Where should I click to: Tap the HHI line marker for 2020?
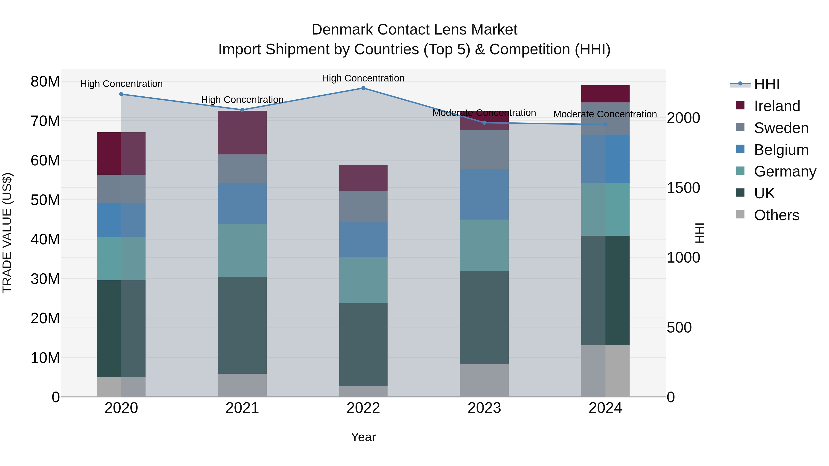click(x=121, y=94)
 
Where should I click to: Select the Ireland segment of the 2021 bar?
click(x=242, y=133)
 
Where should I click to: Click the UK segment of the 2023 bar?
click(x=484, y=317)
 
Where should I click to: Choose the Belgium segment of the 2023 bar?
click(x=484, y=194)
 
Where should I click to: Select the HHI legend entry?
click(x=767, y=84)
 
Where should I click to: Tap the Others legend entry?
click(x=776, y=215)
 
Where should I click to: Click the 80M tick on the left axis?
click(x=45, y=82)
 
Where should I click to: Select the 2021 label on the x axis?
click(x=242, y=408)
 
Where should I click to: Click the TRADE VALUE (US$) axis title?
click(x=7, y=233)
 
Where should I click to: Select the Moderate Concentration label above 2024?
click(x=605, y=114)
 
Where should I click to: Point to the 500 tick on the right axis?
click(x=679, y=327)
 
